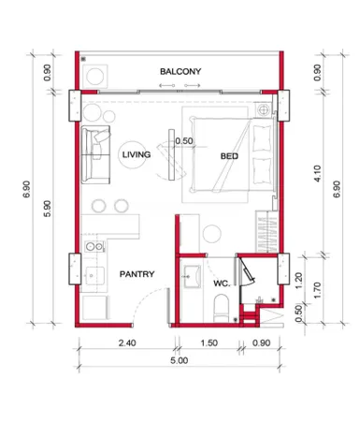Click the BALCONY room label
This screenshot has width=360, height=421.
click(x=180, y=71)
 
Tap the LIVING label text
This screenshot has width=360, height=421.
click(x=137, y=154)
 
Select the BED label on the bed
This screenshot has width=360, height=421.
click(x=229, y=156)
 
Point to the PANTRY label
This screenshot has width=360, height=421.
click(x=137, y=274)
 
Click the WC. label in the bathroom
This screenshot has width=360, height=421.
click(x=222, y=283)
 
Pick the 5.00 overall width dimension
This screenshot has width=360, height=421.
click(x=180, y=361)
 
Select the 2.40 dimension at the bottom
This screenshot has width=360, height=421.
click(x=127, y=343)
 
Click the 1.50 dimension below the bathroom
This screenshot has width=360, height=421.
click(x=209, y=343)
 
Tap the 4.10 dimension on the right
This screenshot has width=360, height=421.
click(x=317, y=174)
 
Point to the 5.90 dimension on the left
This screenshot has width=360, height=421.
click(x=47, y=209)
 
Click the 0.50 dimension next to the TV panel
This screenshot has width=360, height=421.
click(x=184, y=141)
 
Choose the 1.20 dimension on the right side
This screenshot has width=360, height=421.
click(x=298, y=281)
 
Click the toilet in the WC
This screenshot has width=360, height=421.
click(x=222, y=308)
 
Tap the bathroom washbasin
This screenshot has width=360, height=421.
click(x=192, y=276)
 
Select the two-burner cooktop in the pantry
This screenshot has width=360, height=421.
click(x=94, y=247)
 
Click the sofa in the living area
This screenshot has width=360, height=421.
click(x=95, y=154)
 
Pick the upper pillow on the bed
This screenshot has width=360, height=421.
click(x=262, y=138)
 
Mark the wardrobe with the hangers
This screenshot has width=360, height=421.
click(x=266, y=231)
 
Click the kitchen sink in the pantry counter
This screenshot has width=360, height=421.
click(x=94, y=276)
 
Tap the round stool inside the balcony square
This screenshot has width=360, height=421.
click(x=95, y=77)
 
